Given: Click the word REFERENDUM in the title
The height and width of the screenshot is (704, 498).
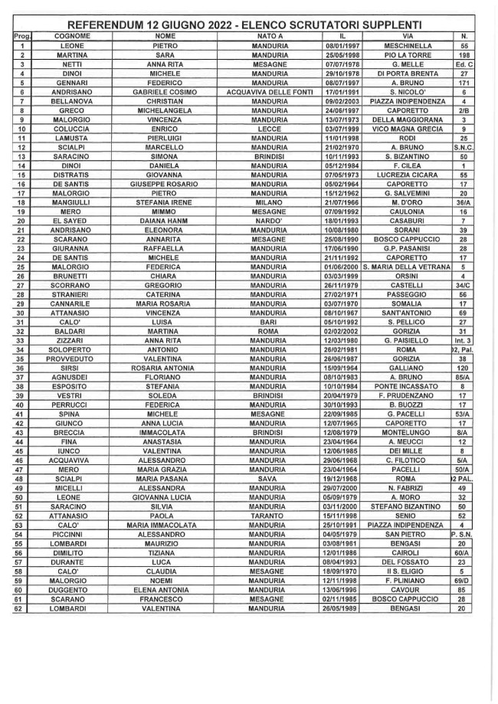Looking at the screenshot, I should coord(110,25).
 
